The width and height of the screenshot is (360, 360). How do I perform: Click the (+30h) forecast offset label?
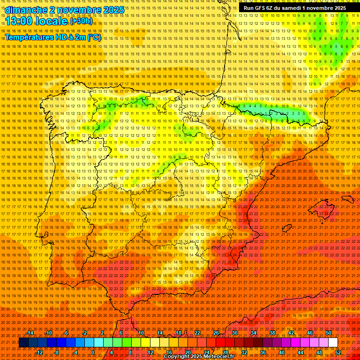(x=81, y=21)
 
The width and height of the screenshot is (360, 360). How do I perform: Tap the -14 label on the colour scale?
(x=30, y=333)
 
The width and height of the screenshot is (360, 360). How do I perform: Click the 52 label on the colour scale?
(x=338, y=352)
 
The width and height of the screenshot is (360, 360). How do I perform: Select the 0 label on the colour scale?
(x=93, y=352)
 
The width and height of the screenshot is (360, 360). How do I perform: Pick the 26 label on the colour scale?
(x=216, y=333)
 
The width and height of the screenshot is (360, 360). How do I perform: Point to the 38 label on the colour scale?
(x=272, y=333)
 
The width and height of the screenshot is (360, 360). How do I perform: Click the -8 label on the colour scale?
(x=57, y=352)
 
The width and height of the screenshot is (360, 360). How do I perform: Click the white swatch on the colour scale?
(x=333, y=343)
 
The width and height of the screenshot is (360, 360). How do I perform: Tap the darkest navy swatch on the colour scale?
(x=23, y=343)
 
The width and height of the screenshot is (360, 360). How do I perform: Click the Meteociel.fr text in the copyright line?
(x=216, y=357)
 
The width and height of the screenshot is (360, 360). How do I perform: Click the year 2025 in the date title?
(x=112, y=10)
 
